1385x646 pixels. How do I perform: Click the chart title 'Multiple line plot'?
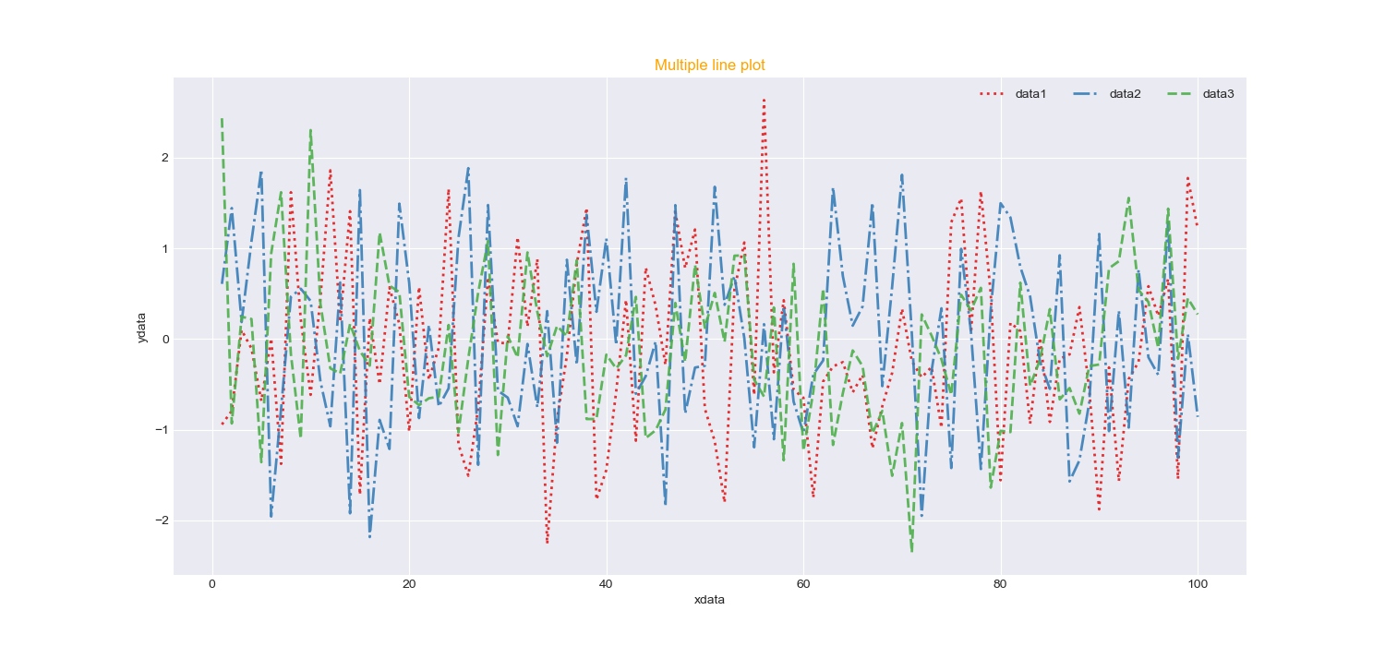pyautogui.click(x=709, y=66)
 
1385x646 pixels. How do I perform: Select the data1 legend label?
pyautogui.click(x=1030, y=94)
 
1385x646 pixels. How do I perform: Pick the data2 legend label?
pyautogui.click(x=1125, y=94)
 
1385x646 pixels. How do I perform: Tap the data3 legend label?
pyautogui.click(x=1218, y=94)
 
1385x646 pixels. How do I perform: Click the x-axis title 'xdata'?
pyautogui.click(x=709, y=600)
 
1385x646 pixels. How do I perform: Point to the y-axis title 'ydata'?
pyautogui.click(x=141, y=328)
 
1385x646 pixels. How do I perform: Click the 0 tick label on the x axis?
pyautogui.click(x=212, y=583)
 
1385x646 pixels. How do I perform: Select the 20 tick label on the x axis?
pyautogui.click(x=409, y=583)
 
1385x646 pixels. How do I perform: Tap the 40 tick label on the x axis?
pyautogui.click(x=606, y=583)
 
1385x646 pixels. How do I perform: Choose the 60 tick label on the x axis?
pyautogui.click(x=803, y=583)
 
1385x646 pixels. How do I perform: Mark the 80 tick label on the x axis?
pyautogui.click(x=1000, y=583)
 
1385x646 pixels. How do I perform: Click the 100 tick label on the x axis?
pyautogui.click(x=1198, y=583)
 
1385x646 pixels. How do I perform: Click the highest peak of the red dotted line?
pyautogui.click(x=764, y=100)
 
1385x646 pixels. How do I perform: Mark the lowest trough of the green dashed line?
pyautogui.click(x=912, y=552)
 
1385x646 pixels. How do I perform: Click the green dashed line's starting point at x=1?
pyautogui.click(x=223, y=119)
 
